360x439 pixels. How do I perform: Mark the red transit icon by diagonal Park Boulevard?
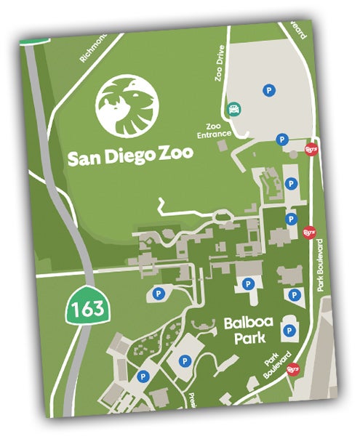291,368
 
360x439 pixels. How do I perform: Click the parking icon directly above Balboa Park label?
248,283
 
